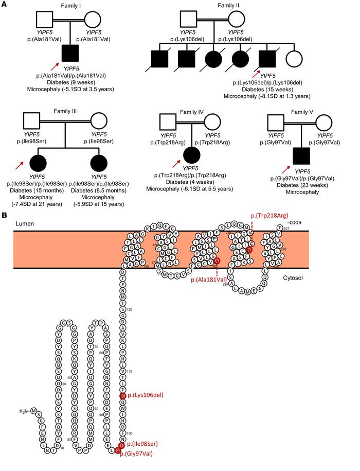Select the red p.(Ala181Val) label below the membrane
point(211,280)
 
